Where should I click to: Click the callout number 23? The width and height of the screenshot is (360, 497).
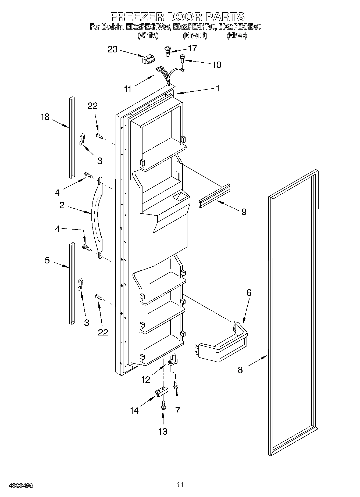(113, 49)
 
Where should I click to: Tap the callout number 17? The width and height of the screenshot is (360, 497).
(193, 48)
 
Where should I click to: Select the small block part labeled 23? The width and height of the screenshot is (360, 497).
(149, 59)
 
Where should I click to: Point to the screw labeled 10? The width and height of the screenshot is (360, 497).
(182, 59)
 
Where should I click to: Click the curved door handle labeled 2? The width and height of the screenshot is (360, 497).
(96, 218)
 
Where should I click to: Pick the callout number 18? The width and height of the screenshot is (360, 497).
(45, 117)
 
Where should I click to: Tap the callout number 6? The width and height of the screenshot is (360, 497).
(249, 293)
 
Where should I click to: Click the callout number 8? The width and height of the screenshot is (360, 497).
(240, 370)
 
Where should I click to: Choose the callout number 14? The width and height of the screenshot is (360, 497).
(134, 410)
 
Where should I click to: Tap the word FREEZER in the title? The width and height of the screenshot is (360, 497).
(137, 17)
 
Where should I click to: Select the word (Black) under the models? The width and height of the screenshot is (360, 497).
(237, 35)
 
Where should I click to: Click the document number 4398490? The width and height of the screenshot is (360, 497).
(21, 486)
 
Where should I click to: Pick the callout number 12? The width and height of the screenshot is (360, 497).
(145, 380)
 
